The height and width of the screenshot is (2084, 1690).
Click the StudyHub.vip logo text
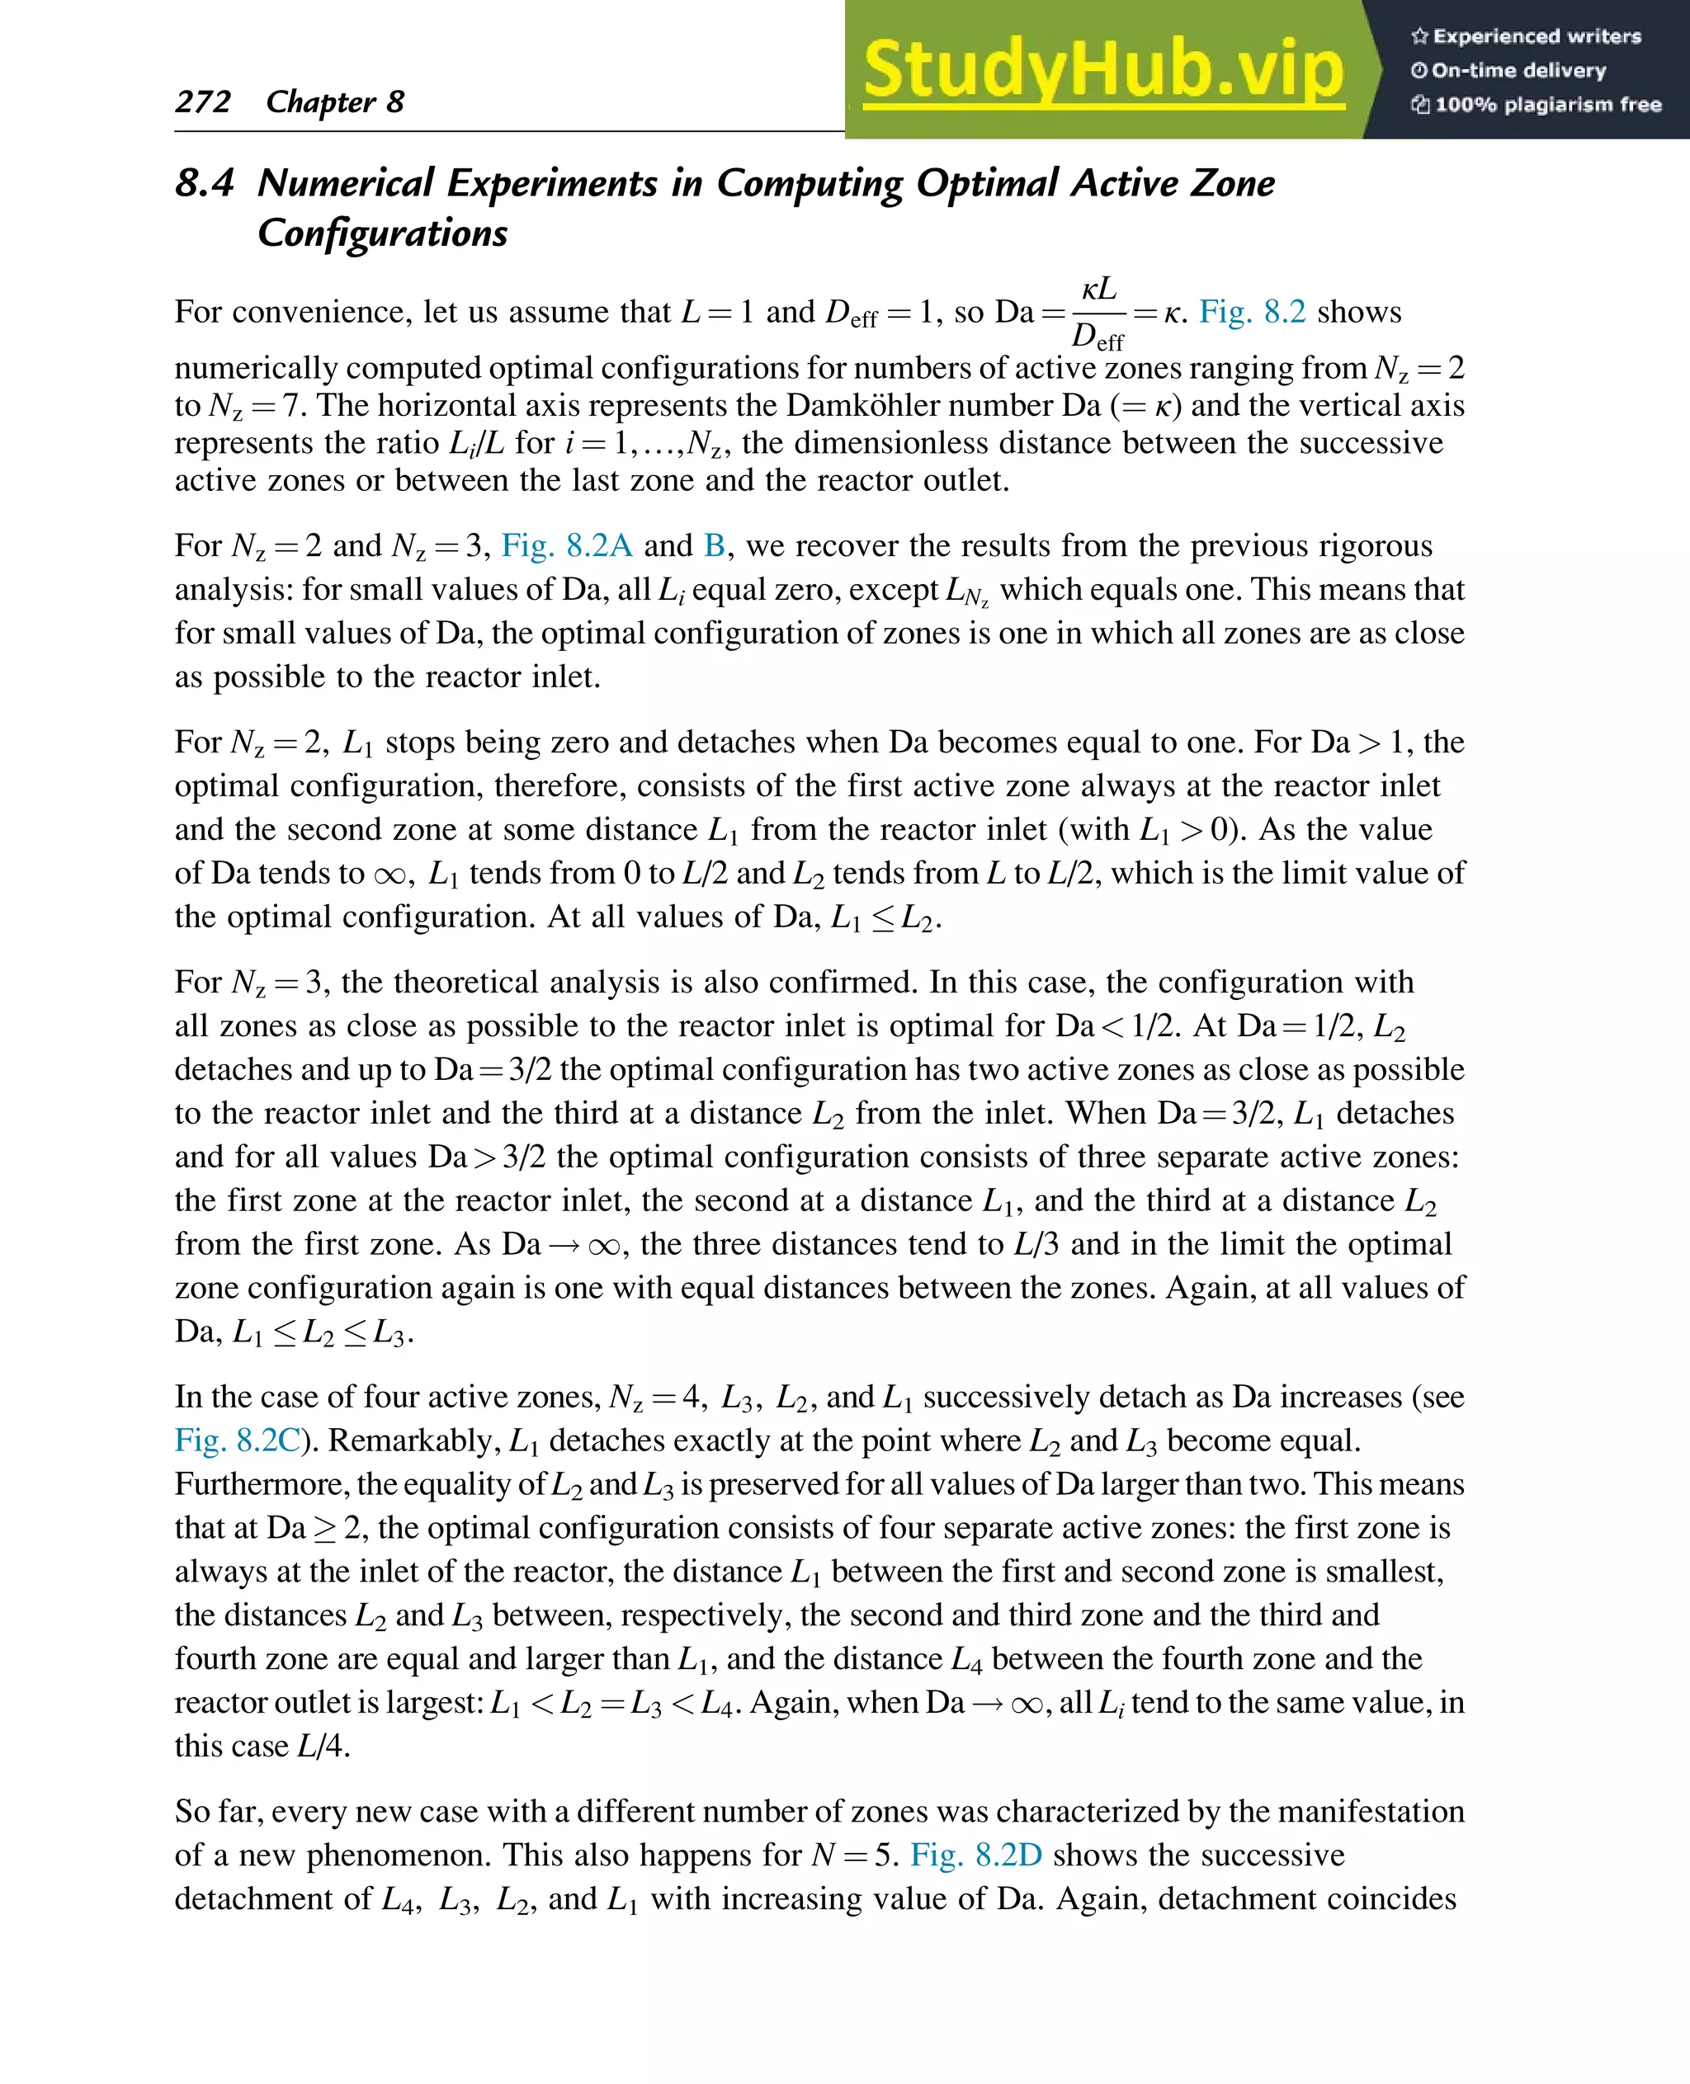[x=1103, y=69]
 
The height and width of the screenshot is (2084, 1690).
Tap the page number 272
[x=202, y=101]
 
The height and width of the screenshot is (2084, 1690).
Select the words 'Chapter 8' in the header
[x=335, y=101]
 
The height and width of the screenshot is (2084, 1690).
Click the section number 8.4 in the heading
[x=205, y=183]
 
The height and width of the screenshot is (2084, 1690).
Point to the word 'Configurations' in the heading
[x=383, y=233]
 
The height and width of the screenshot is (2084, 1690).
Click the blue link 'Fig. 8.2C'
[x=238, y=1440]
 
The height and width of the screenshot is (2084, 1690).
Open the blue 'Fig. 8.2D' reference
[x=975, y=1855]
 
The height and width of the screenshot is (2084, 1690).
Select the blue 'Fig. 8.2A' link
[x=567, y=545]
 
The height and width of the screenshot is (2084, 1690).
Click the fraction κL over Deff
[x=1098, y=314]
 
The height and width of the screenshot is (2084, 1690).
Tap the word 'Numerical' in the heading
[x=346, y=183]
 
